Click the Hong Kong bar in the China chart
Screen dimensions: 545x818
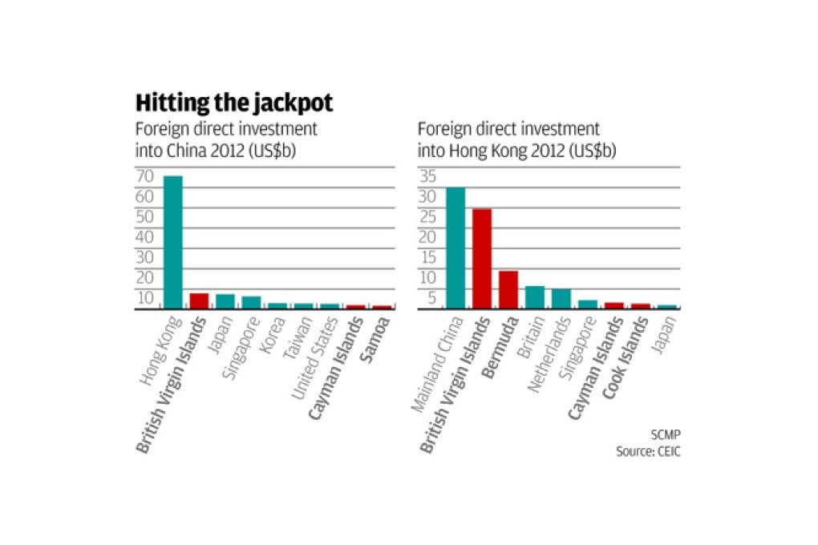coord(173,242)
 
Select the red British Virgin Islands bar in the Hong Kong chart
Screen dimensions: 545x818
coord(482,258)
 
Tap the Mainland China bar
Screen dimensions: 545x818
coord(456,248)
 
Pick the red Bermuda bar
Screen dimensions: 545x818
coord(508,289)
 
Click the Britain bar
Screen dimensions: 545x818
coord(535,297)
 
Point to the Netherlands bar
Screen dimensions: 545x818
coord(561,298)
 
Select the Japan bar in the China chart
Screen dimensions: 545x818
coord(225,301)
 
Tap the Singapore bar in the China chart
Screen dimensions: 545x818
coord(252,302)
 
